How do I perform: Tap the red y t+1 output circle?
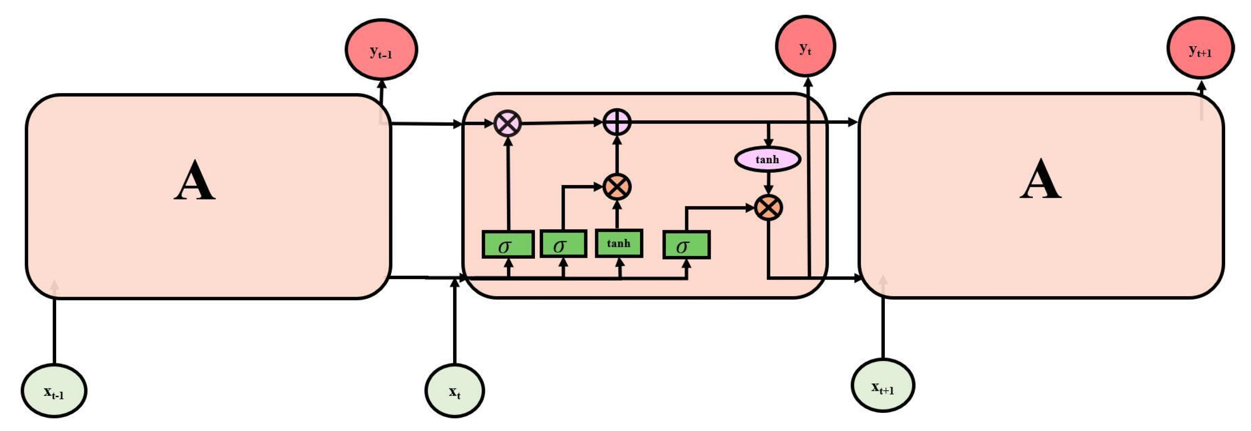click(1199, 49)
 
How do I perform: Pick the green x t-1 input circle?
click(54, 391)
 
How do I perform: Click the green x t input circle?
click(454, 391)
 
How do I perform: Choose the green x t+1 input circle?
click(883, 386)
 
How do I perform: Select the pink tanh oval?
click(767, 159)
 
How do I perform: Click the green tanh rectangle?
click(619, 244)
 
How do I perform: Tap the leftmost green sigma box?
click(508, 245)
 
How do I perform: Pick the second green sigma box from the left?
click(563, 245)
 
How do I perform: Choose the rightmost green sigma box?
click(686, 245)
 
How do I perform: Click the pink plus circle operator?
click(617, 122)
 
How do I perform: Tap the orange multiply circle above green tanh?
click(617, 186)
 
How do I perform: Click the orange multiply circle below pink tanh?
click(768, 208)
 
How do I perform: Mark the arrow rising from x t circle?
click(454, 325)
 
